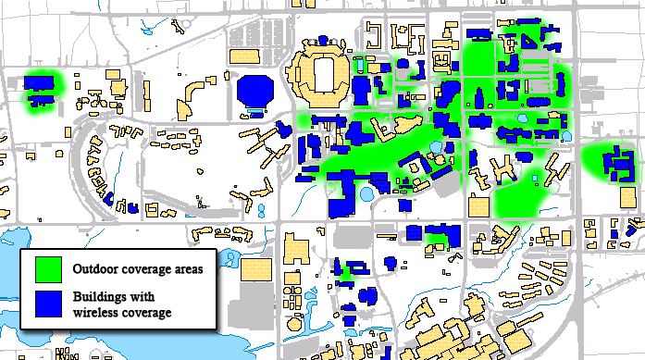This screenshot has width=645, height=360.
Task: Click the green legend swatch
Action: (x=48, y=269)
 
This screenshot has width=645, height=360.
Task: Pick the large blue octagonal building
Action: (x=255, y=92)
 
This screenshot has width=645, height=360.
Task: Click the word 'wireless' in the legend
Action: (x=96, y=313)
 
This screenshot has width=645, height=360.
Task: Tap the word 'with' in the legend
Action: (x=146, y=298)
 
